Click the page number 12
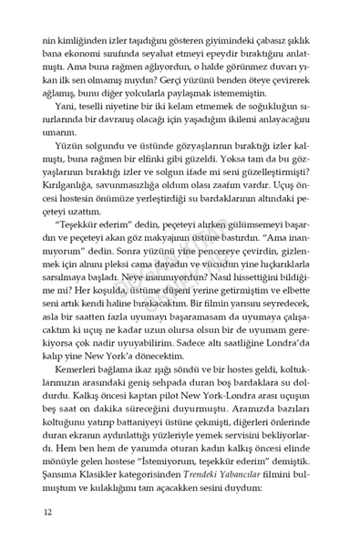click(x=47, y=512)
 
